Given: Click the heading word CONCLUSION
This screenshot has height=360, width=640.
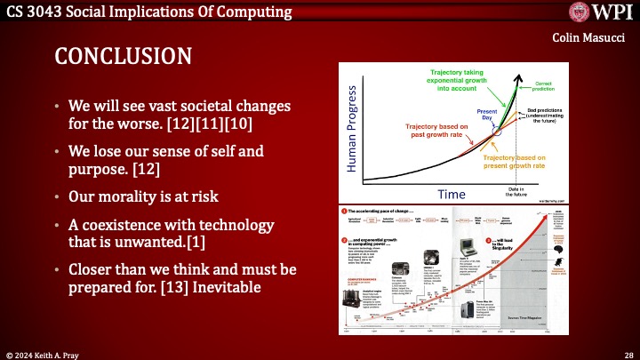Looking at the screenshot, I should coord(123,56).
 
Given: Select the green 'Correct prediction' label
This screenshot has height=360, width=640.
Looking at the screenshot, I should coord(543,85).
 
